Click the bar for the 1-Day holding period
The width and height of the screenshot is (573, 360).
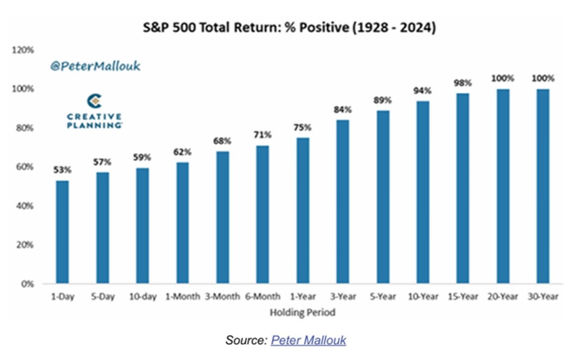click(63, 232)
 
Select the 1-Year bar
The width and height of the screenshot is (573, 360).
click(303, 211)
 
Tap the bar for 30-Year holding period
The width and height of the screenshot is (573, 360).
click(542, 187)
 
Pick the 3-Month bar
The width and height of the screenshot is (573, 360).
click(222, 218)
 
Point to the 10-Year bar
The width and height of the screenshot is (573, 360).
click(423, 192)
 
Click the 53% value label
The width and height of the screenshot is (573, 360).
click(63, 170)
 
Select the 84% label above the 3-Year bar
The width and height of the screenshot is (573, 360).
click(342, 110)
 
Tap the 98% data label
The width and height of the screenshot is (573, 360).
click(463, 83)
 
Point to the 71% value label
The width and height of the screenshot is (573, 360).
click(262, 135)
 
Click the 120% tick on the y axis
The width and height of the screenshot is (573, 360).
click(23, 50)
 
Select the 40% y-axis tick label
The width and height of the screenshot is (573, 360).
click(25, 206)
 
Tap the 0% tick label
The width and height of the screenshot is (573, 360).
click(27, 284)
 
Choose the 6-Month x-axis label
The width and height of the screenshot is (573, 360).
click(263, 296)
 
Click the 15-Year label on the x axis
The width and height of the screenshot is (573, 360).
click(463, 296)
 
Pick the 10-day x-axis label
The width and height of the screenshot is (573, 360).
click(143, 296)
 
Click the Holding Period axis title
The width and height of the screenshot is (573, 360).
click(303, 313)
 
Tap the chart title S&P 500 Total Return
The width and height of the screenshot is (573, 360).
click(289, 28)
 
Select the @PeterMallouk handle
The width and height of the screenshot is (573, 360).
click(95, 66)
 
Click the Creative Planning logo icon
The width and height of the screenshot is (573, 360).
click(94, 101)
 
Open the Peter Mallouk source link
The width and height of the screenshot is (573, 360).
click(309, 340)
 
